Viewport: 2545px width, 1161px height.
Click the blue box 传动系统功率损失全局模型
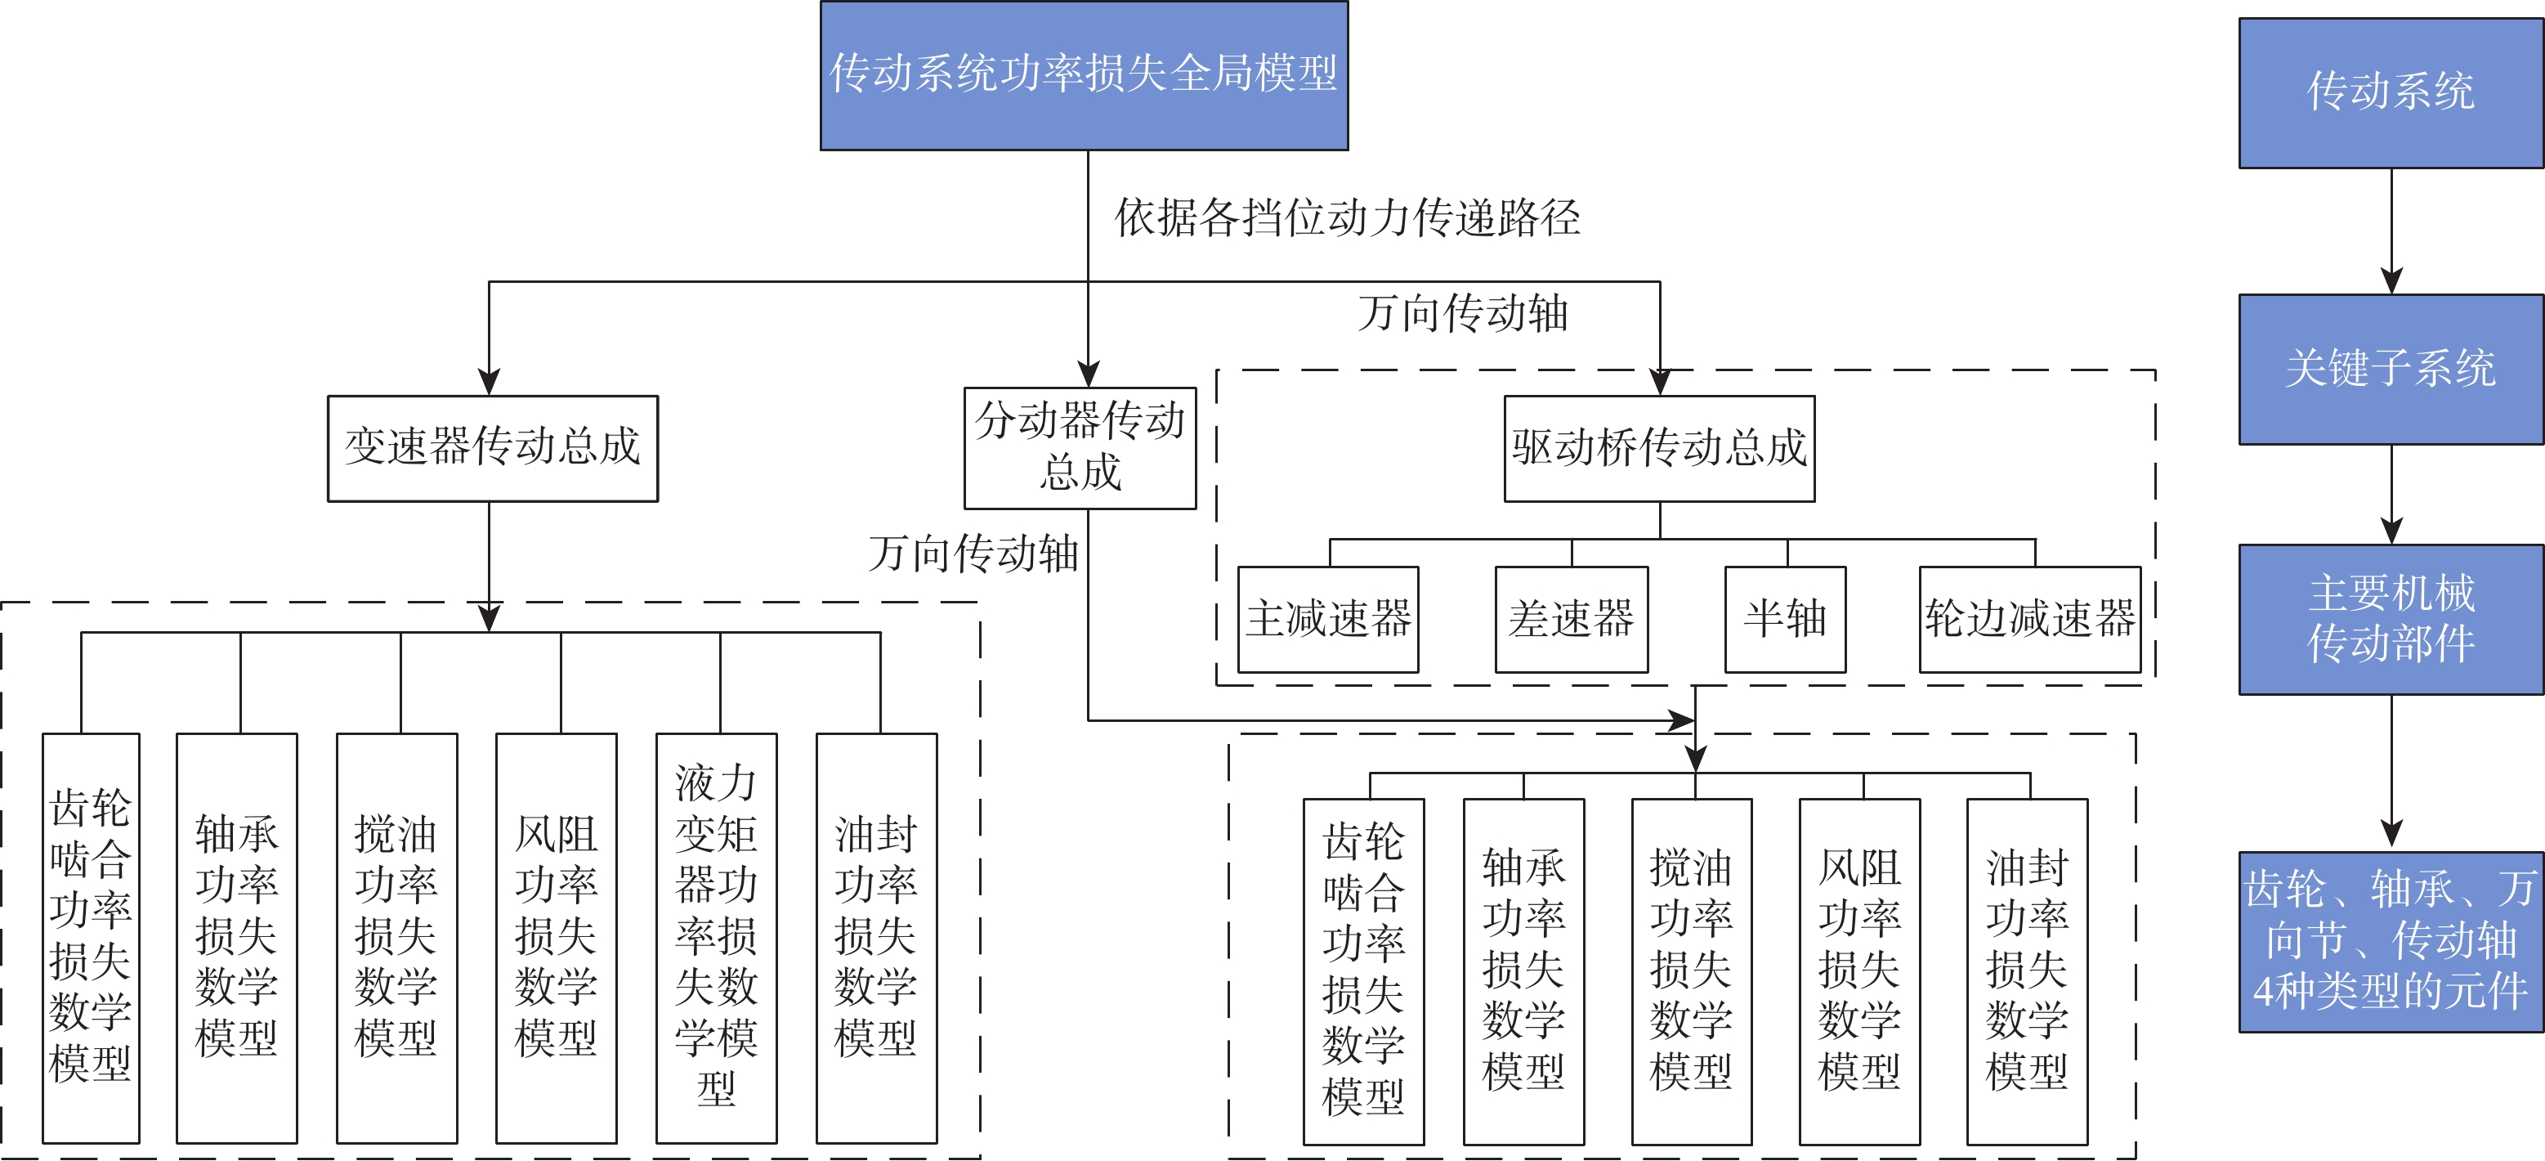(1084, 75)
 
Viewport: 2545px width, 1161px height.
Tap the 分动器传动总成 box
(1080, 447)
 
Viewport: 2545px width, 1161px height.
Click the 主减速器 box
(1328, 620)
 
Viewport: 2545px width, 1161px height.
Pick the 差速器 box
(1571, 620)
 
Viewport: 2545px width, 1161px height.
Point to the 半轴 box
(1784, 620)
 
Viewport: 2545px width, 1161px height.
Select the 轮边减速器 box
(2029, 620)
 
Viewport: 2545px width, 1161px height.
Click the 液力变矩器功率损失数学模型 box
(716, 937)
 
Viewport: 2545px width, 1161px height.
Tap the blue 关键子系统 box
(2391, 369)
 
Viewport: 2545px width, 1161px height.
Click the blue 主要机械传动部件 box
(2391, 620)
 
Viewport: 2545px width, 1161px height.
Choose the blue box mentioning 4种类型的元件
(2391, 942)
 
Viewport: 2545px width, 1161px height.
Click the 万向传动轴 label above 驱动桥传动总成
(1463, 314)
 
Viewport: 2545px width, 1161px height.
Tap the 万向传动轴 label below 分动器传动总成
(973, 554)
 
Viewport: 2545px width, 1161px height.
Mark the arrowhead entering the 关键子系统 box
(2391, 280)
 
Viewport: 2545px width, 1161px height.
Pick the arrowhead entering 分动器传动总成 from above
(1088, 374)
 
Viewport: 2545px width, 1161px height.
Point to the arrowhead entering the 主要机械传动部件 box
(2391, 531)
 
